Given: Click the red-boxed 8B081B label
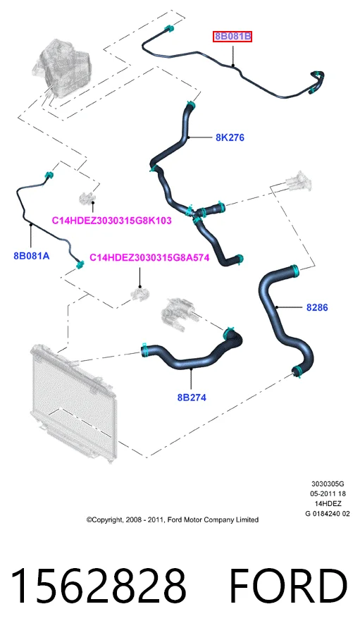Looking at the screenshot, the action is (x=232, y=37).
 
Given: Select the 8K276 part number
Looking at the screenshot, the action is (x=230, y=137).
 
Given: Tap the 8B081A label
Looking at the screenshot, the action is (x=32, y=256).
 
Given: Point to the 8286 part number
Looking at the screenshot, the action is (x=317, y=307).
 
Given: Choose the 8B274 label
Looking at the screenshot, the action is (x=192, y=397).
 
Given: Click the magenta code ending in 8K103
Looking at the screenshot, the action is (x=111, y=221).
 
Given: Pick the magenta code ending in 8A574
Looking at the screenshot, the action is (x=149, y=257).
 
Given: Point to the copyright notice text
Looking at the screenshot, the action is (x=172, y=519).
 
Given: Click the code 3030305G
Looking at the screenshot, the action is (x=328, y=484).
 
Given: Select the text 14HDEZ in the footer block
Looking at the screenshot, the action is (x=328, y=504).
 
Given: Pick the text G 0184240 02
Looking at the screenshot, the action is (x=328, y=513).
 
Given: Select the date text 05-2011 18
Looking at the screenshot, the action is (x=328, y=494).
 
